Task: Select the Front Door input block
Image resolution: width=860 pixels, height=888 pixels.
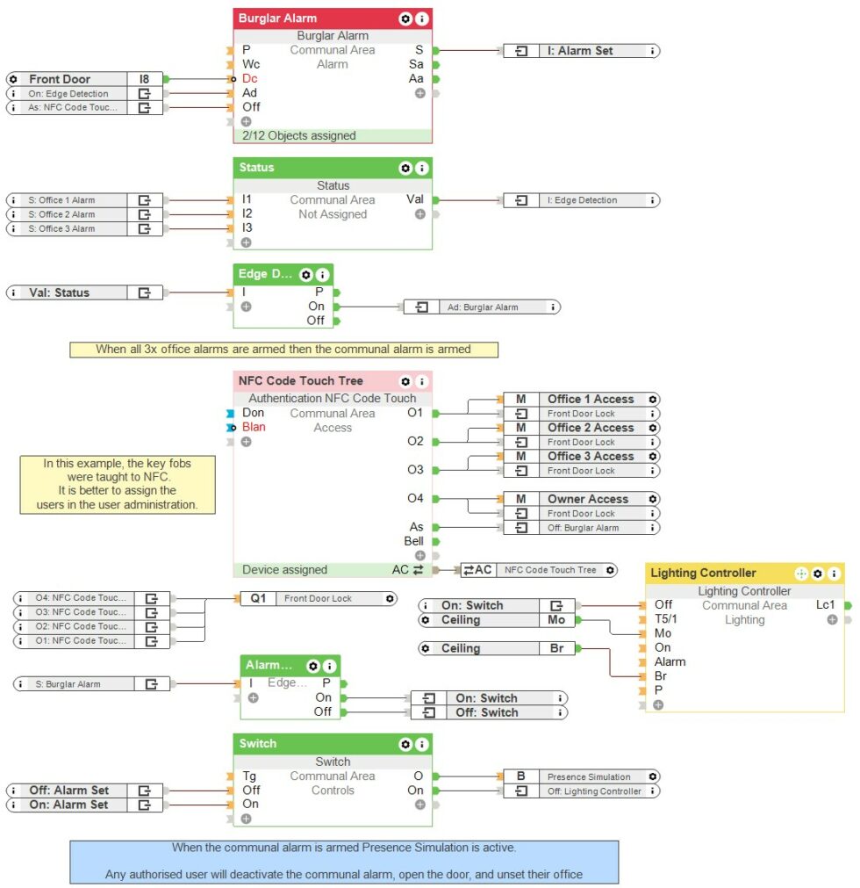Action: click(x=83, y=79)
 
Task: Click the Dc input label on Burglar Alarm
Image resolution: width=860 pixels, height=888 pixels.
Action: click(x=249, y=79)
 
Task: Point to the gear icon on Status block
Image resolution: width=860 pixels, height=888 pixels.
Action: click(x=405, y=168)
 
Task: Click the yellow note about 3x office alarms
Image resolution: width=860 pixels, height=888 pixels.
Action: click(x=283, y=350)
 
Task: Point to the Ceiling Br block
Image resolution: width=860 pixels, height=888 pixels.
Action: click(x=496, y=648)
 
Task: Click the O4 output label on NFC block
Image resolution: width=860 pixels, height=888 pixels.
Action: click(x=415, y=499)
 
